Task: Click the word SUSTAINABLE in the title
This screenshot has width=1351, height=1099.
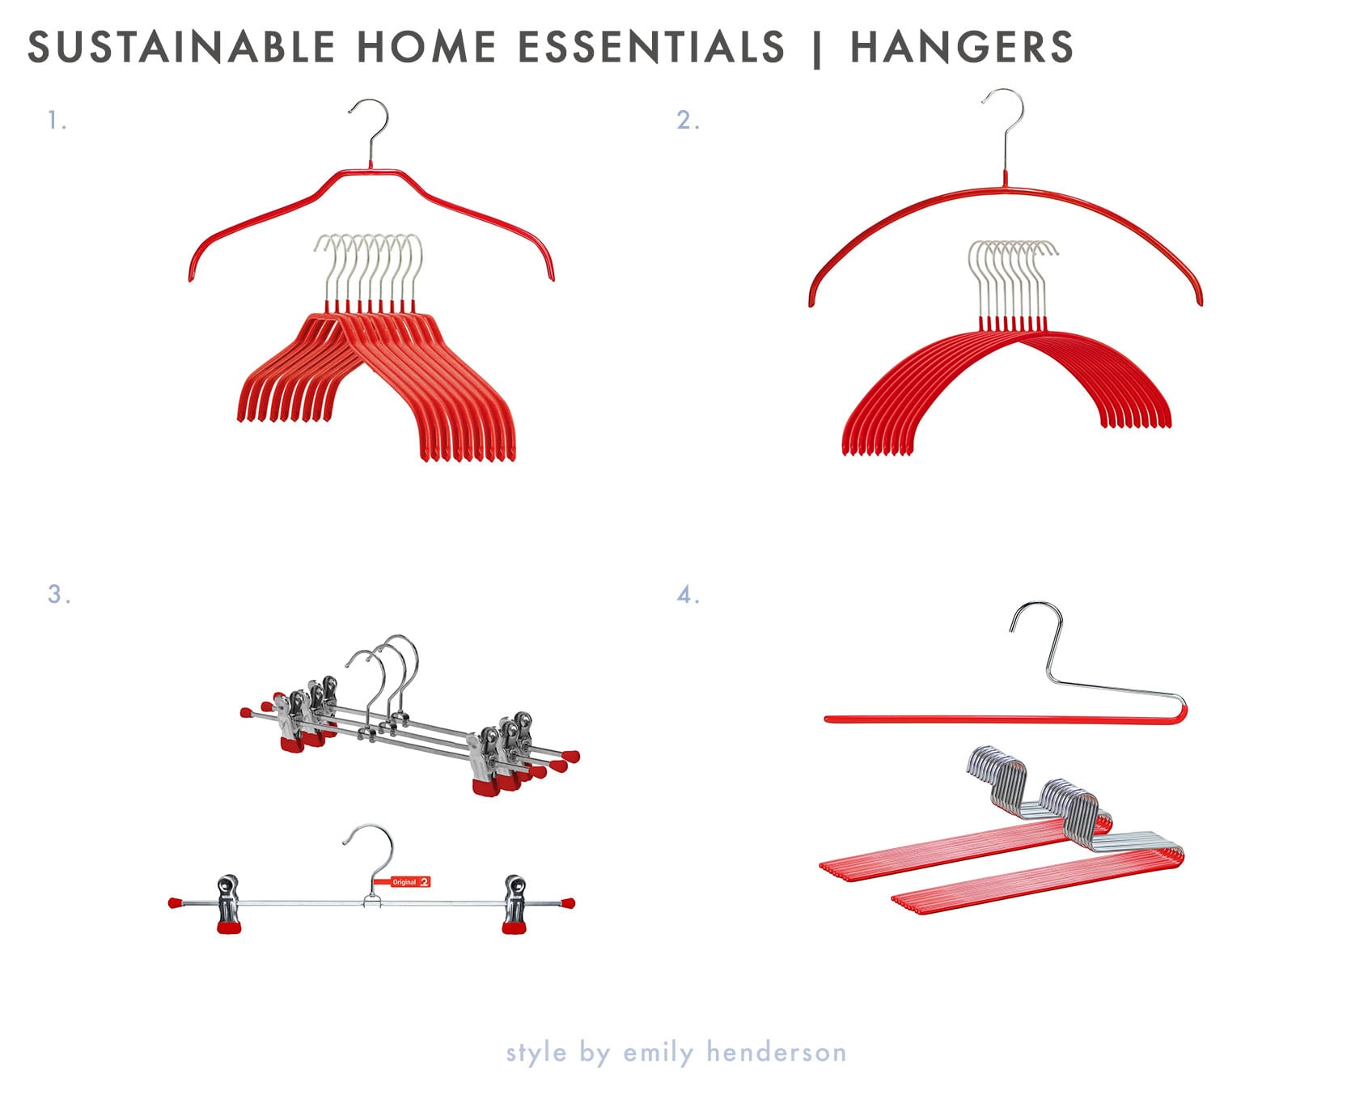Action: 182,47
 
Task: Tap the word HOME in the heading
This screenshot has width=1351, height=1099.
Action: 426,47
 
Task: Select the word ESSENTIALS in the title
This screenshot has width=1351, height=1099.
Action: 651,47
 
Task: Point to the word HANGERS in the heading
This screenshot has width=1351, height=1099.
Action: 962,47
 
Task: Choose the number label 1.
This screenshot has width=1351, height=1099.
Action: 57,121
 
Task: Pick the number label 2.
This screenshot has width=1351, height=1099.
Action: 688,121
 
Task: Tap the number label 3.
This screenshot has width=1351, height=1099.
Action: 59,594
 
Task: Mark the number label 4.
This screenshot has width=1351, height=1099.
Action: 688,596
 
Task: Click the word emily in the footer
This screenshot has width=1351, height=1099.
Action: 659,1052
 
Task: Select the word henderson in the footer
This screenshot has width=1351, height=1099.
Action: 777,1051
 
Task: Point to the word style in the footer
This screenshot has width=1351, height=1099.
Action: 536,1053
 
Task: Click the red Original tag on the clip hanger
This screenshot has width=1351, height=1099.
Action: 410,882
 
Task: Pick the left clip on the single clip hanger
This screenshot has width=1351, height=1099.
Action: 229,903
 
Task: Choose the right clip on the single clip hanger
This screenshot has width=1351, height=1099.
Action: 515,903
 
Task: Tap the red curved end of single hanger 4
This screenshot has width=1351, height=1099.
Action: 1182,714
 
